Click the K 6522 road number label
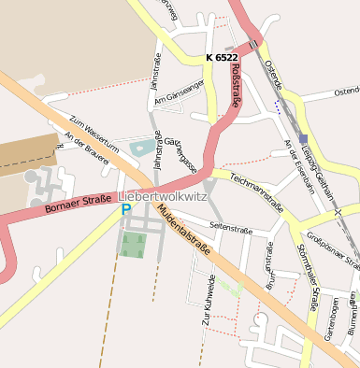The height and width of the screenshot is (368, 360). (x=222, y=58)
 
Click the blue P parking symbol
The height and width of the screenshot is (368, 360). (x=125, y=210)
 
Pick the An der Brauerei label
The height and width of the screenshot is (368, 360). (x=86, y=148)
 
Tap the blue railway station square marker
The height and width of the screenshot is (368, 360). (x=303, y=138)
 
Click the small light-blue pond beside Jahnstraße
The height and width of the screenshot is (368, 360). (x=142, y=147)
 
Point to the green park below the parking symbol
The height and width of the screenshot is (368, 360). (x=133, y=245)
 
